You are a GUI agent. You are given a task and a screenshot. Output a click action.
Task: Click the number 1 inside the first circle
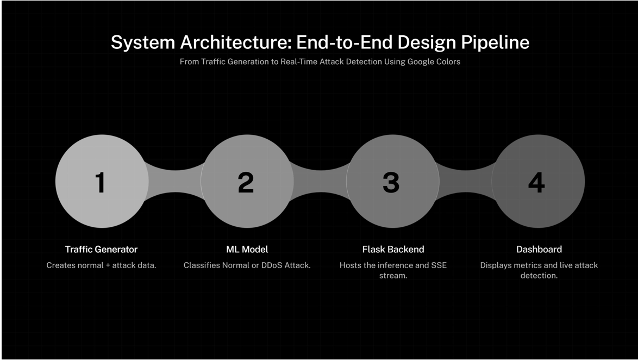click(x=101, y=182)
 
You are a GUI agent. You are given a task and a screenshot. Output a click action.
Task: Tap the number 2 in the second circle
click(x=246, y=182)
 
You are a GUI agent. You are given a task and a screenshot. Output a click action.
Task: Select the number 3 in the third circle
click(x=391, y=182)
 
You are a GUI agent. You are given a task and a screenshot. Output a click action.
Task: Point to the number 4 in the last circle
click(x=536, y=182)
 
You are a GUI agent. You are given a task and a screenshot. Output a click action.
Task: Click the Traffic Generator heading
click(x=101, y=249)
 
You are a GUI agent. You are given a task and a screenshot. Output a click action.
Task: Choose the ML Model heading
click(x=247, y=249)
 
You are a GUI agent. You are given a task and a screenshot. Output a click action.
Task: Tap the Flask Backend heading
click(x=393, y=249)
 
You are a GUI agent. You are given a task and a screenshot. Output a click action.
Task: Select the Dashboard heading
click(x=539, y=249)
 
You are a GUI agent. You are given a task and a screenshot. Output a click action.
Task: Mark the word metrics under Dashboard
click(x=531, y=266)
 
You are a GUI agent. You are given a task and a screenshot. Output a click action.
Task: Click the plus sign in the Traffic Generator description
click(x=106, y=266)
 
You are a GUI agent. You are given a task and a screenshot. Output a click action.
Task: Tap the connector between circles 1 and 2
click(x=174, y=181)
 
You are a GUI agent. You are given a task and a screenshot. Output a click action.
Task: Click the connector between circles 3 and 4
click(x=465, y=181)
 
